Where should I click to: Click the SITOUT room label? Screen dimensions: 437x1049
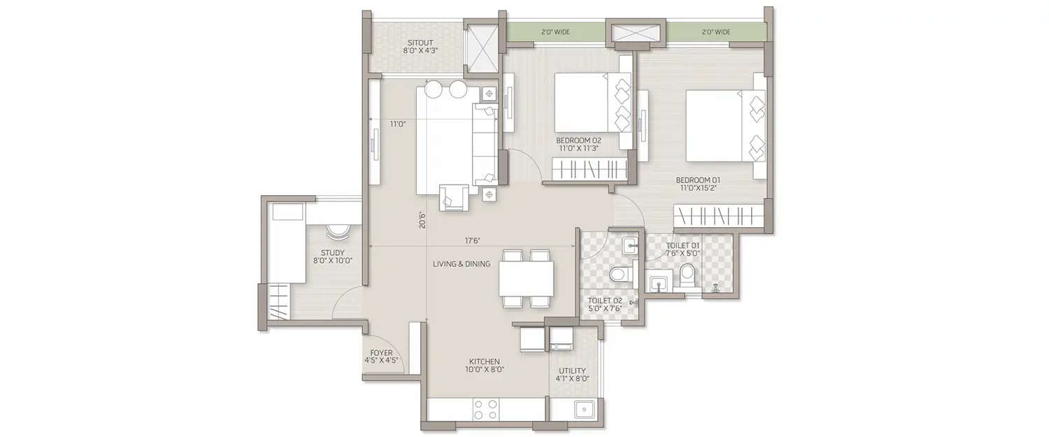[419, 43]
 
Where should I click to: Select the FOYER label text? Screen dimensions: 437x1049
[382, 353]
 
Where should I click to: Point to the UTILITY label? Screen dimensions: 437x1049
[572, 371]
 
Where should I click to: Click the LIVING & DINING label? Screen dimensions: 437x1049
[461, 264]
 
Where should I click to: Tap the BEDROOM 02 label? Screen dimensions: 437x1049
[578, 140]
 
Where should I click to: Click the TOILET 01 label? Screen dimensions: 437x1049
[683, 245]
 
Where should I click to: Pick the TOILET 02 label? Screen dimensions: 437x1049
[605, 301]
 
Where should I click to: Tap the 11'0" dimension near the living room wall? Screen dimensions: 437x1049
[397, 124]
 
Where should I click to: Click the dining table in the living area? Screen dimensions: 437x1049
[526, 278]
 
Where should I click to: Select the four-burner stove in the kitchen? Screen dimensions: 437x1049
[485, 408]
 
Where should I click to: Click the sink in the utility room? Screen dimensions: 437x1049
[583, 409]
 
